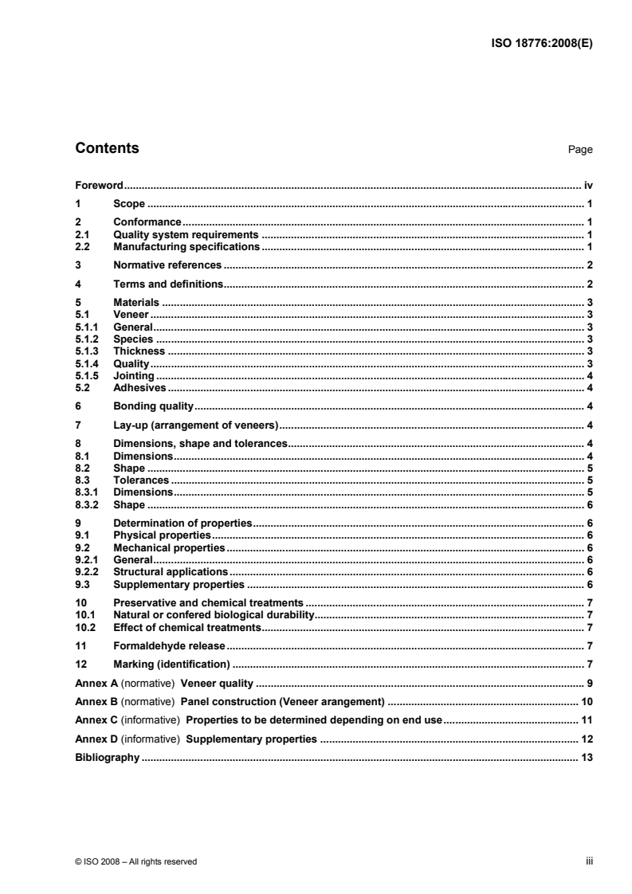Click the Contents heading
tap(106, 148)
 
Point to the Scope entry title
tap(129, 204)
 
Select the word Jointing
tap(133, 375)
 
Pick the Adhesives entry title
tap(139, 387)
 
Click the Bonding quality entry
tap(154, 406)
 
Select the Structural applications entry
tap(171, 572)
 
